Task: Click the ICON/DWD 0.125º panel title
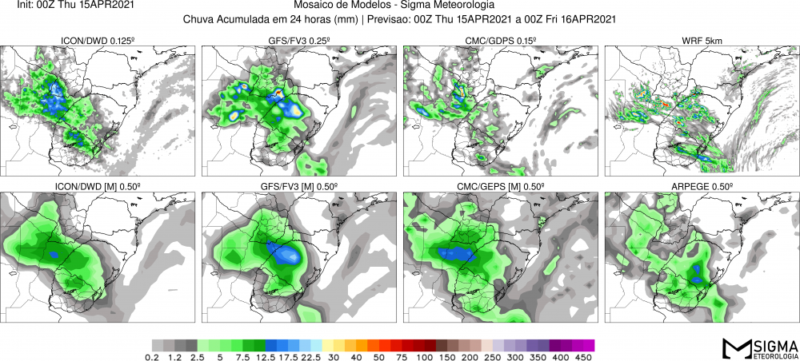click(x=99, y=41)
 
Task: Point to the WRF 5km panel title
click(x=701, y=41)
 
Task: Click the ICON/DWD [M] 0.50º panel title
click(x=99, y=186)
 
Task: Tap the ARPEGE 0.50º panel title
click(x=701, y=186)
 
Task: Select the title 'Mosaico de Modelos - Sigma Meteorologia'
click(x=400, y=6)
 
